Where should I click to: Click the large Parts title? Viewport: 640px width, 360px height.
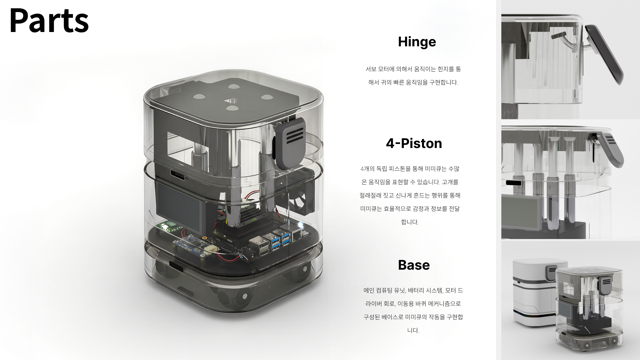tap(49, 21)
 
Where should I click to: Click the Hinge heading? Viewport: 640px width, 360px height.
tap(417, 42)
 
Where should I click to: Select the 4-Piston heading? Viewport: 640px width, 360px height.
tap(414, 144)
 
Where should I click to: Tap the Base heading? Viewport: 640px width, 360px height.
tap(414, 265)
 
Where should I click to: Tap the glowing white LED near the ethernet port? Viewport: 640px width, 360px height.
tap(300, 225)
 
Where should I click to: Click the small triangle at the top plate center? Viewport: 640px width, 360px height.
tap(231, 100)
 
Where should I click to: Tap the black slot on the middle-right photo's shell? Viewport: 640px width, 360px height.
tap(513, 183)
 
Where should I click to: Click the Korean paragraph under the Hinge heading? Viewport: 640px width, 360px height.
tap(413, 76)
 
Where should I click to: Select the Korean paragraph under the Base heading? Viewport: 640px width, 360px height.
tap(413, 310)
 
